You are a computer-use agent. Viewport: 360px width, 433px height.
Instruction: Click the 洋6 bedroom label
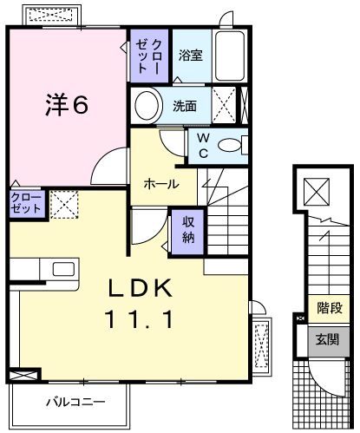tap(66, 105)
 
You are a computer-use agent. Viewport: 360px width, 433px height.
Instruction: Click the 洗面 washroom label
tap(184, 108)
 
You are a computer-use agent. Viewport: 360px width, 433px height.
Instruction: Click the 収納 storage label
tap(188, 228)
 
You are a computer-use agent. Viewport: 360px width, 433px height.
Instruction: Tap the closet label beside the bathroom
tap(144, 56)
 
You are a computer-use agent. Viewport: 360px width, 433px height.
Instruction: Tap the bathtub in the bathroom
tap(228, 57)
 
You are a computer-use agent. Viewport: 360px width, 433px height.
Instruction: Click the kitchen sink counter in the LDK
tap(39, 270)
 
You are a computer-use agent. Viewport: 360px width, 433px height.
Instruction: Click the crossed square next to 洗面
tap(224, 108)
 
